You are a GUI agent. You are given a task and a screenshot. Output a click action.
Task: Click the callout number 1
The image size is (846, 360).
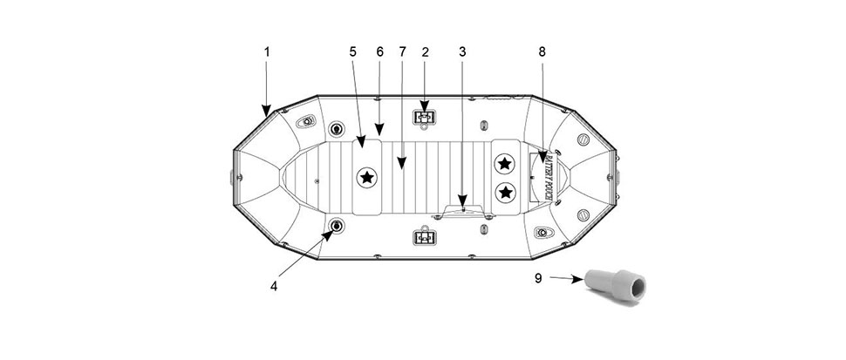[x=267, y=51]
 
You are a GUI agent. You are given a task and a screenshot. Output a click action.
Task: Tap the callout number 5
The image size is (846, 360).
[x=353, y=51]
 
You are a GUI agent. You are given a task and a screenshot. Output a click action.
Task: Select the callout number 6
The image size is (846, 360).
[x=380, y=51]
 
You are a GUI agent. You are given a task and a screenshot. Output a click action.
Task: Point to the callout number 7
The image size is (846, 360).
[x=402, y=51]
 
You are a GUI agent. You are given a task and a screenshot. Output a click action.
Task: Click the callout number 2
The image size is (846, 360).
[x=425, y=51]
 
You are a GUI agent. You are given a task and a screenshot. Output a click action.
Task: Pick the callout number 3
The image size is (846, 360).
[x=462, y=51]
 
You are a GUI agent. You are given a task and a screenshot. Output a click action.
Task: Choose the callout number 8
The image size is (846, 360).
[x=542, y=51]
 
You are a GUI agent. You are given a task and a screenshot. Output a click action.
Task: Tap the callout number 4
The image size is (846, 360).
[x=274, y=287]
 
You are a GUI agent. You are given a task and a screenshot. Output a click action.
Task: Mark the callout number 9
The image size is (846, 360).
[x=538, y=278]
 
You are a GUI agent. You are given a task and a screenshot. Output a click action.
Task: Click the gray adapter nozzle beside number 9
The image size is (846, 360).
[x=615, y=285]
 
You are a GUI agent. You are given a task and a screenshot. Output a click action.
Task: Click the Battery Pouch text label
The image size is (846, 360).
[x=549, y=176]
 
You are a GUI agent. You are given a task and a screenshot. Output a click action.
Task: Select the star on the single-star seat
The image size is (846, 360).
[x=367, y=177]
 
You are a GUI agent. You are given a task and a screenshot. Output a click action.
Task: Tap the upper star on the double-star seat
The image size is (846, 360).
[x=505, y=163]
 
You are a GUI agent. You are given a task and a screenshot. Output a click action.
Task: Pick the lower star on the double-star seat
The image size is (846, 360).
[x=506, y=191]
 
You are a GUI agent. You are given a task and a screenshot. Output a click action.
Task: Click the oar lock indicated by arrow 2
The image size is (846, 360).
[x=425, y=117]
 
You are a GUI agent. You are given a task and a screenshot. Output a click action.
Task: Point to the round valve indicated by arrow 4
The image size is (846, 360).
[x=337, y=226]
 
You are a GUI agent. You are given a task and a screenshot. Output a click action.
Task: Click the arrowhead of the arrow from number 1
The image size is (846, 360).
[x=267, y=112]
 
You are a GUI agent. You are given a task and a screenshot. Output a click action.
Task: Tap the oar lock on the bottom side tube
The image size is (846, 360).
[x=425, y=238]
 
